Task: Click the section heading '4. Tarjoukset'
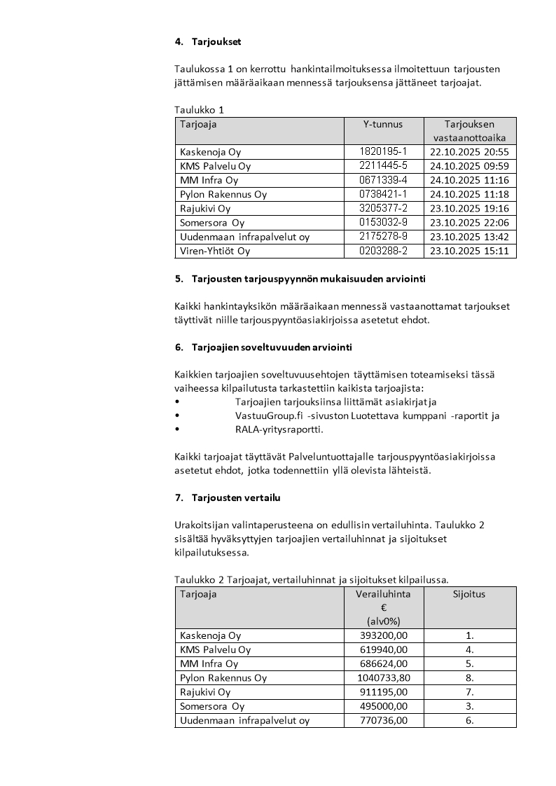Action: (x=207, y=41)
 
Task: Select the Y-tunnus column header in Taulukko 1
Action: (x=382, y=125)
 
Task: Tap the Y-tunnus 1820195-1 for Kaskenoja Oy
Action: (x=382, y=152)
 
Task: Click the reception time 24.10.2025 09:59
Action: (x=469, y=166)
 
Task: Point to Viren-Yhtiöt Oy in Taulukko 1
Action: (x=215, y=251)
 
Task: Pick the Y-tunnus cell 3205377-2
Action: (x=382, y=209)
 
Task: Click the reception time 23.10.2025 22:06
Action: (x=469, y=223)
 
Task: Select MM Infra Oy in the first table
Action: (x=209, y=181)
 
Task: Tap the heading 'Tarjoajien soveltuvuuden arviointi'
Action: (x=272, y=347)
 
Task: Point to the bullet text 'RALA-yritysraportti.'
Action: (x=279, y=429)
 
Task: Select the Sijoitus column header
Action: (x=469, y=594)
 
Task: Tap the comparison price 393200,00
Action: (x=382, y=635)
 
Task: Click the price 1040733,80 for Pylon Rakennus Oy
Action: (x=382, y=678)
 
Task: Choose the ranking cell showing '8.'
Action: (x=469, y=678)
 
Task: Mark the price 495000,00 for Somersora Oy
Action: (x=382, y=706)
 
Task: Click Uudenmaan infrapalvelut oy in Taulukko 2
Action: (x=244, y=720)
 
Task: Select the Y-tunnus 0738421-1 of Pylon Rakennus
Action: (x=382, y=195)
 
